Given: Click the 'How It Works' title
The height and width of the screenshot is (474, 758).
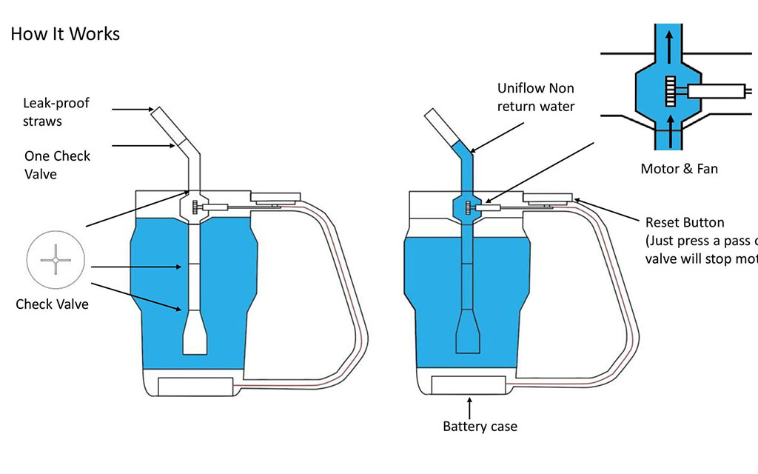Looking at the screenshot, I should point(65,34).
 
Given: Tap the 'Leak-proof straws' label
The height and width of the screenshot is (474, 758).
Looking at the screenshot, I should point(56,110).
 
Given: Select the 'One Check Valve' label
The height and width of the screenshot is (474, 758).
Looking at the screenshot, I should point(58,164).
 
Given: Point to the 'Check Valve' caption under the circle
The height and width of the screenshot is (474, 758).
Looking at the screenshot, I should point(52,304).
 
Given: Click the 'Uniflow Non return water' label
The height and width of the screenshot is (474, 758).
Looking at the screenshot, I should point(536,97).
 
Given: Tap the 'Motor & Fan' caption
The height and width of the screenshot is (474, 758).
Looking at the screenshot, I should point(679,169).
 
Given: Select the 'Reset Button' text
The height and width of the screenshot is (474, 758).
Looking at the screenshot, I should point(685,222).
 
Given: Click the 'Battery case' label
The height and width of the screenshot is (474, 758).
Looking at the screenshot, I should point(480,426).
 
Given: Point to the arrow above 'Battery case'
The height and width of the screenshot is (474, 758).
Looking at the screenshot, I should point(469,407).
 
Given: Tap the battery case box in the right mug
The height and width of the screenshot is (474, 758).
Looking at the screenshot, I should point(469,386).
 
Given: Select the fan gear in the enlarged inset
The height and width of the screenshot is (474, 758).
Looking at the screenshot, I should point(671,91).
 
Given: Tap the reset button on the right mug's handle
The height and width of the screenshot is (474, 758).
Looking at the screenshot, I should point(550,198).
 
